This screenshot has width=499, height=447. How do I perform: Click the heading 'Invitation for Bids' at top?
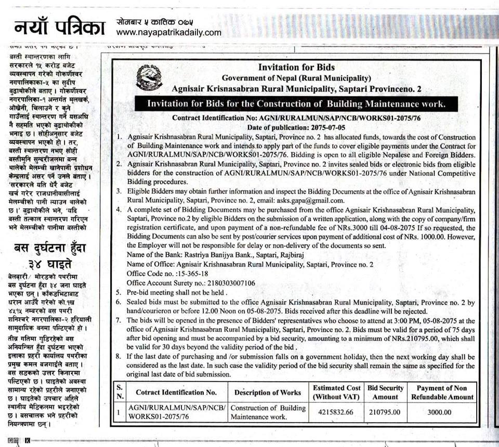296,67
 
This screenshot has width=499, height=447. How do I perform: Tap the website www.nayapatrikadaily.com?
169,33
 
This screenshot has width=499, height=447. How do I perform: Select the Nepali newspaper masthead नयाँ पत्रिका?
59,27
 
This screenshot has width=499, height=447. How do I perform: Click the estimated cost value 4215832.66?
336,412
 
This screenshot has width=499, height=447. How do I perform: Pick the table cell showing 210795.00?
385,412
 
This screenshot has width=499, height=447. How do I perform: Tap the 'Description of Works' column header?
268,392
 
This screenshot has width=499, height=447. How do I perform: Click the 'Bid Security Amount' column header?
385,392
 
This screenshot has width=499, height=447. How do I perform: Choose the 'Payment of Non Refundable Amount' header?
443,392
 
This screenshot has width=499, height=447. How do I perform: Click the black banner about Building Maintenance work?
296,104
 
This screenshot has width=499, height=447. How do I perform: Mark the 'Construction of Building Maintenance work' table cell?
268,412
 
